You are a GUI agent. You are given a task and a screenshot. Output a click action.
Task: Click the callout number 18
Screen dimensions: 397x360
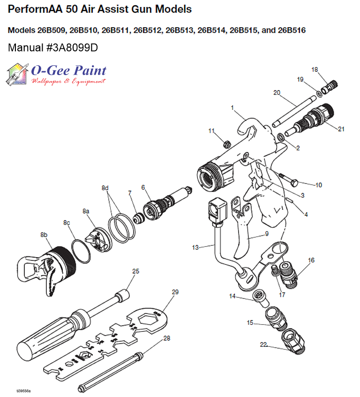click(315, 69)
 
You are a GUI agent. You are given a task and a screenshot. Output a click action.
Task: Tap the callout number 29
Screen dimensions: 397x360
click(175, 292)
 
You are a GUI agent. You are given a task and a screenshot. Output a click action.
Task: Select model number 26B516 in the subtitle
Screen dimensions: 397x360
click(292, 31)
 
